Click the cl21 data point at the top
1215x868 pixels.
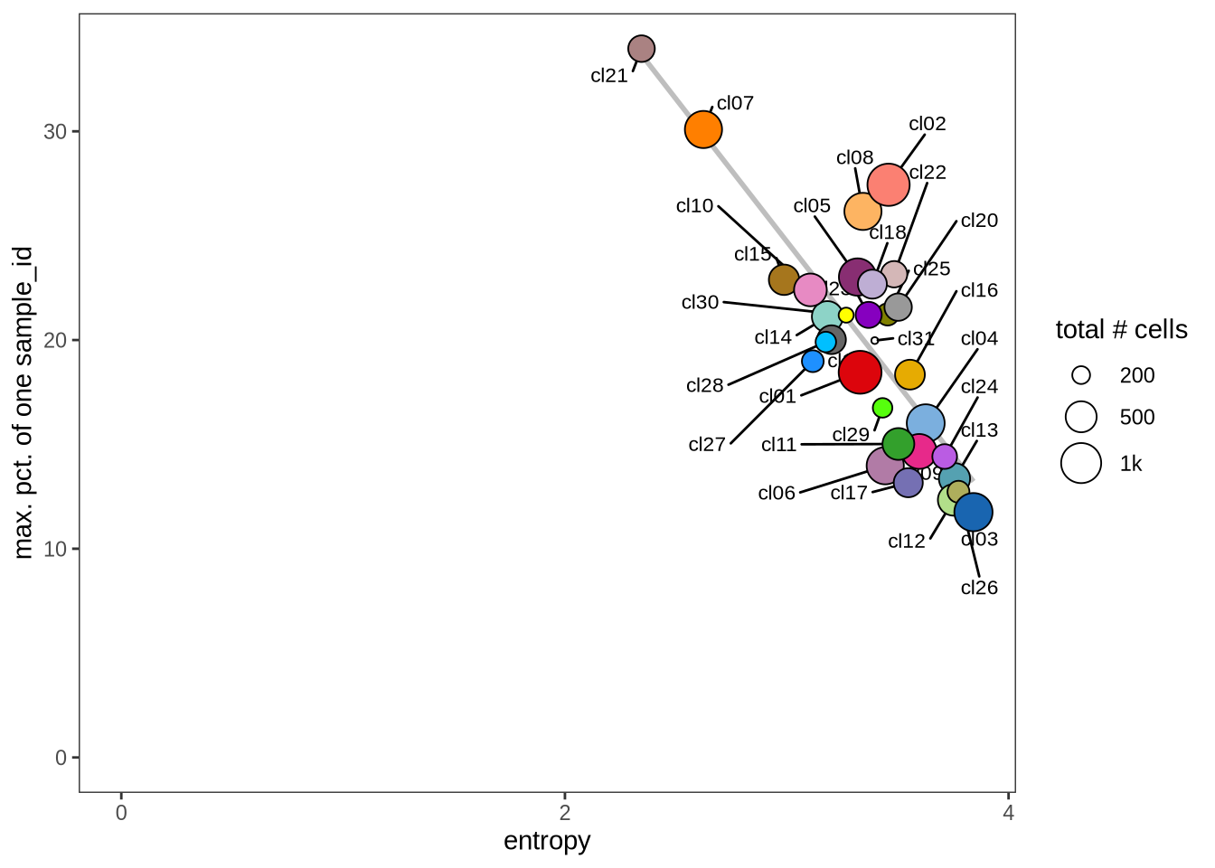(641, 49)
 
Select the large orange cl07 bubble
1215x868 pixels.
(703, 130)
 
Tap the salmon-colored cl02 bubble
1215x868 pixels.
(888, 184)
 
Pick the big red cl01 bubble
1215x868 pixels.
(860, 371)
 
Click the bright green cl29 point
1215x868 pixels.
(882, 408)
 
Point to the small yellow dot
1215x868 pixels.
(846, 316)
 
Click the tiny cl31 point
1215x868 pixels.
(874, 341)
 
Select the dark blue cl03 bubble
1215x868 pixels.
(973, 513)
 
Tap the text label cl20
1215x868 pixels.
(979, 221)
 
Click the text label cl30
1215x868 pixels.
(700, 302)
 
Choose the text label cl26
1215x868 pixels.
(979, 588)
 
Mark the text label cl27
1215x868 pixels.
(707, 445)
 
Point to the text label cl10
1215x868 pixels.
(694, 206)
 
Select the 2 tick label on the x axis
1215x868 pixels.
(565, 813)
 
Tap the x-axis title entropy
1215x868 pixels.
(547, 841)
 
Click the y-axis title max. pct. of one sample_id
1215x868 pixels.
(24, 403)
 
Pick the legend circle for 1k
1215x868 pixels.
(1081, 464)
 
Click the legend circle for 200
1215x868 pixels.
(1081, 375)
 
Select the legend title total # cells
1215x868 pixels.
(1121, 330)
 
